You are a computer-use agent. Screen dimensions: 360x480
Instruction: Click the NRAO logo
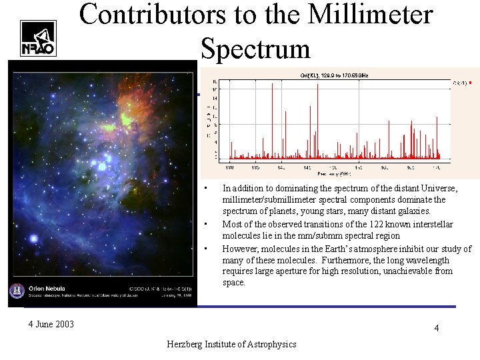[38, 38]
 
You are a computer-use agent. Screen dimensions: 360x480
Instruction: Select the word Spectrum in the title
[255, 49]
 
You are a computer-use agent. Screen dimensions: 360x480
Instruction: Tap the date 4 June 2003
[51, 325]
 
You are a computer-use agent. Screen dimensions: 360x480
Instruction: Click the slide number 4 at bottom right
[436, 328]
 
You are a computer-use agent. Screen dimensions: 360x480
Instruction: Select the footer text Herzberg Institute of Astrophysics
[231, 343]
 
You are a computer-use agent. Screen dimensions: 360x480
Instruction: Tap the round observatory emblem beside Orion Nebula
[18, 291]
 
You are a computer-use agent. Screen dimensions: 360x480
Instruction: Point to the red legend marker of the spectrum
[470, 83]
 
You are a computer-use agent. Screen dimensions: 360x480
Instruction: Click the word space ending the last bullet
[234, 283]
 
